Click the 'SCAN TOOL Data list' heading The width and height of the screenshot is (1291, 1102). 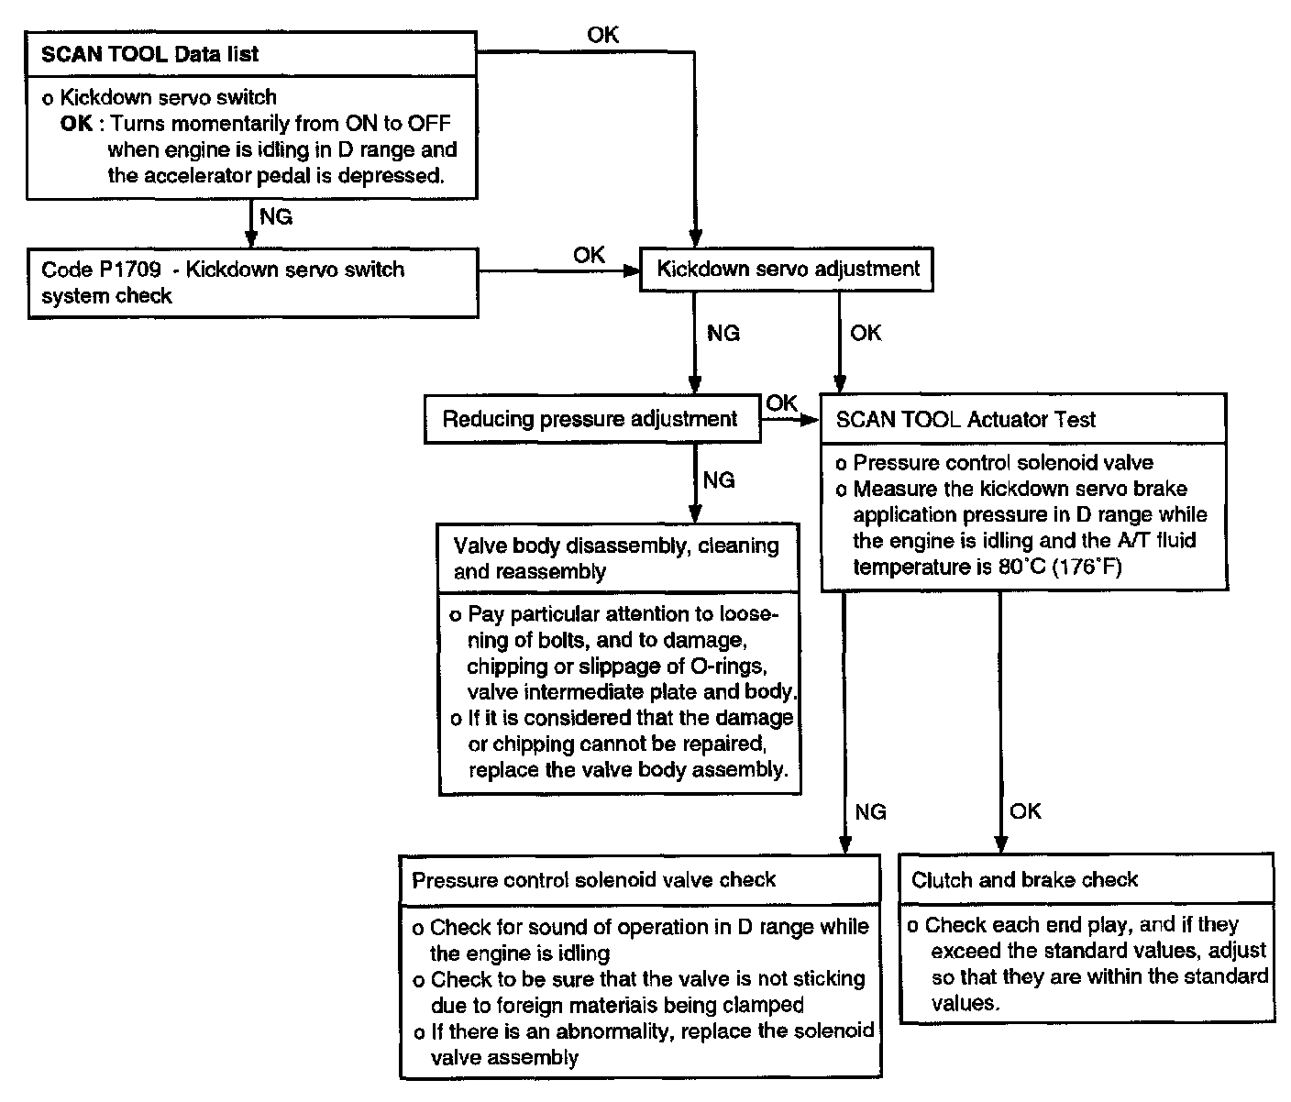pos(150,54)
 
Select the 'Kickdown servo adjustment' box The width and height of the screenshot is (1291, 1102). pos(788,270)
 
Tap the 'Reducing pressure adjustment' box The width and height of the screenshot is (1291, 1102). pos(590,420)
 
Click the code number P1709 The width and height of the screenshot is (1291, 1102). pos(127,270)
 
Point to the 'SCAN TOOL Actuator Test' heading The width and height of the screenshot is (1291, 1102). pos(965,420)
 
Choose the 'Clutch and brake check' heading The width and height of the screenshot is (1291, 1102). pos(1024,880)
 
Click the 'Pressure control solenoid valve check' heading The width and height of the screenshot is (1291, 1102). pos(594,880)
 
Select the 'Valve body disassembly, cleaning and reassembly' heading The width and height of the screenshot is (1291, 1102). pos(616,558)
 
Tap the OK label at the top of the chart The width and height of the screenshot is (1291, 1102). pos(602,35)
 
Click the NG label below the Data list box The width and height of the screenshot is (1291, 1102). pos(276,217)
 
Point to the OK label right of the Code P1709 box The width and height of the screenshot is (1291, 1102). pos(589,255)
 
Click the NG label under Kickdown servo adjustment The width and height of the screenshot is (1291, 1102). pos(723,334)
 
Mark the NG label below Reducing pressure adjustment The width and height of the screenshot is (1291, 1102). pos(719,480)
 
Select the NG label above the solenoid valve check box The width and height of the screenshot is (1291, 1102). pos(870,811)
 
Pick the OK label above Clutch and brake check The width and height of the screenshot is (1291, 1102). pos(1025,811)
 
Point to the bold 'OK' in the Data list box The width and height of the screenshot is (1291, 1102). pos(76,123)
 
